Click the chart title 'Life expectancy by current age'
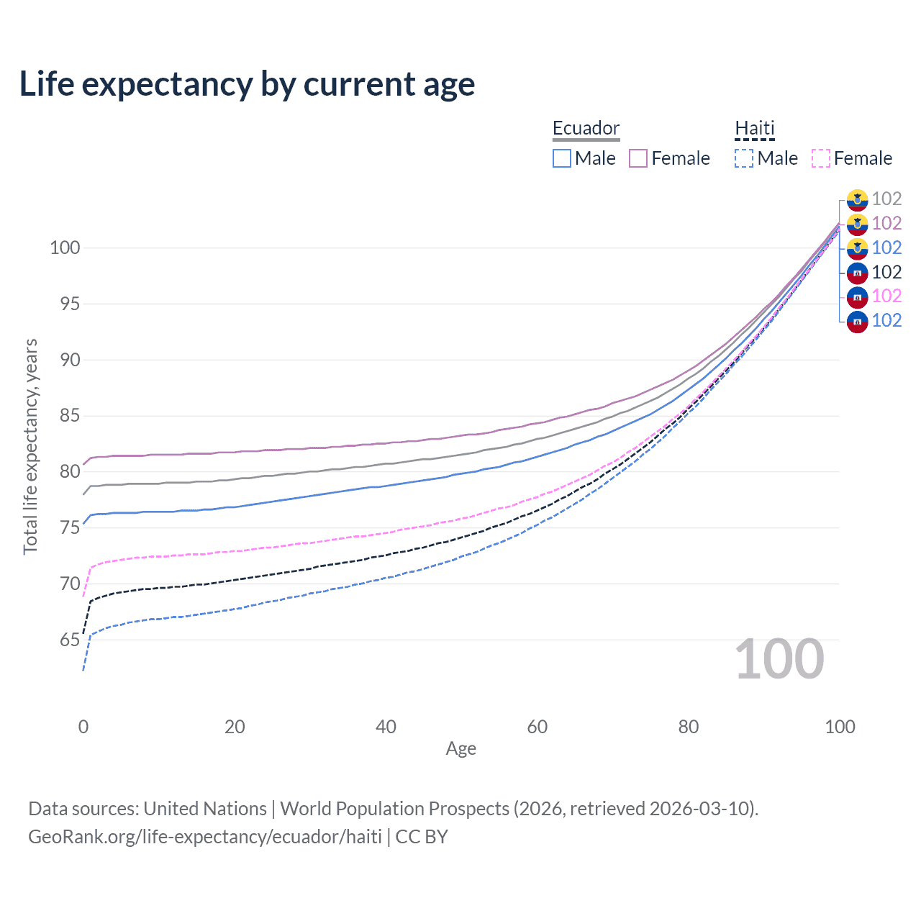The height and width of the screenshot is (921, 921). click(x=247, y=84)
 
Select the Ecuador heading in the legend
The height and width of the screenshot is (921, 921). click(x=586, y=128)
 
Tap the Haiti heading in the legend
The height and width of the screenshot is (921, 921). click(x=755, y=128)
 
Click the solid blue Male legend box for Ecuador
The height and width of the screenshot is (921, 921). click(x=562, y=158)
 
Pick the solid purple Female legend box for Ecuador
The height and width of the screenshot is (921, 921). click(x=638, y=158)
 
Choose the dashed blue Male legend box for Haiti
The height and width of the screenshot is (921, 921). click(x=744, y=158)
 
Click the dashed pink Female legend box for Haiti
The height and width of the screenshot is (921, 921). click(x=821, y=158)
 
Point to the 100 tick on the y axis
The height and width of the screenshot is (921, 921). click(x=65, y=248)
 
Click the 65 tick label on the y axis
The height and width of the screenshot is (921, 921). click(x=70, y=640)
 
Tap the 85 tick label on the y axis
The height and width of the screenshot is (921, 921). click(x=70, y=416)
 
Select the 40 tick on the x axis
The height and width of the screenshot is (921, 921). click(x=386, y=727)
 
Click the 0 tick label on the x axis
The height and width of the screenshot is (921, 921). click(x=83, y=727)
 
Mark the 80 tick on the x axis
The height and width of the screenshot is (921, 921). click(x=689, y=727)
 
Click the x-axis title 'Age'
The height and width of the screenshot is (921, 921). click(x=460, y=749)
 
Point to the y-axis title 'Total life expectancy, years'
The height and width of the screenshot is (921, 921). click(x=30, y=446)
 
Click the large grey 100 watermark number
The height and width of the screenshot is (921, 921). click(x=779, y=659)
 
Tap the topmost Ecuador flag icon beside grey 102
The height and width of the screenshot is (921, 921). click(x=857, y=199)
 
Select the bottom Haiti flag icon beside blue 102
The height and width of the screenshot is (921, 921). click(x=857, y=321)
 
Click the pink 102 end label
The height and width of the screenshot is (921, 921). click(x=886, y=296)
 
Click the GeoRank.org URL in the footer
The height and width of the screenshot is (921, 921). click(x=205, y=837)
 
